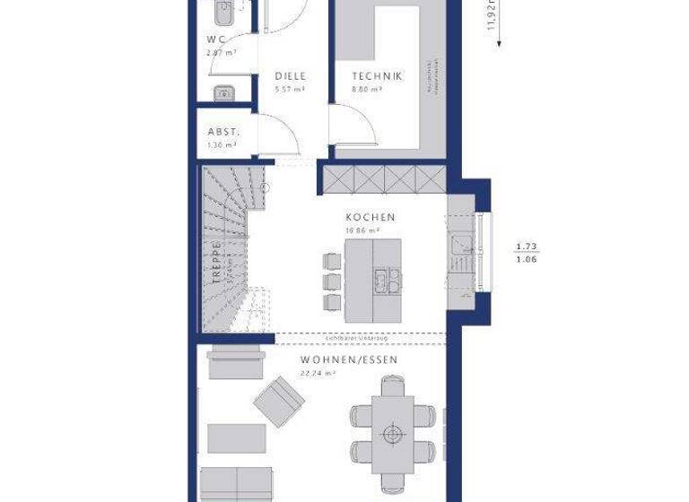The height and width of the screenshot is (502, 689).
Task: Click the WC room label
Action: tap(215, 39)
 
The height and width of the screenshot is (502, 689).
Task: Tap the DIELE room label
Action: tap(290, 76)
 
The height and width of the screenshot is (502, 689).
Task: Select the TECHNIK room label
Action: tap(377, 76)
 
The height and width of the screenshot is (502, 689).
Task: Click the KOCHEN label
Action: tap(371, 217)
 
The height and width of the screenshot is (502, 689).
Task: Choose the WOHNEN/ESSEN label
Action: tap(349, 359)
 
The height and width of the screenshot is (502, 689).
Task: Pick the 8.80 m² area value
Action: tap(365, 90)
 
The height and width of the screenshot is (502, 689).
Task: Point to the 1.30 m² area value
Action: tap(222, 144)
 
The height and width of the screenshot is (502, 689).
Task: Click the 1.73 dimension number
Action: tap(528, 246)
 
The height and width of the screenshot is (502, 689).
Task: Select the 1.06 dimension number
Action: tap(528, 260)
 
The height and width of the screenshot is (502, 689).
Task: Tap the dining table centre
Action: tap(392, 434)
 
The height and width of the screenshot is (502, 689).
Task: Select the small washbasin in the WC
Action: tap(222, 92)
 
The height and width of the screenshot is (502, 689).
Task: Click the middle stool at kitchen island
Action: tap(331, 280)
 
